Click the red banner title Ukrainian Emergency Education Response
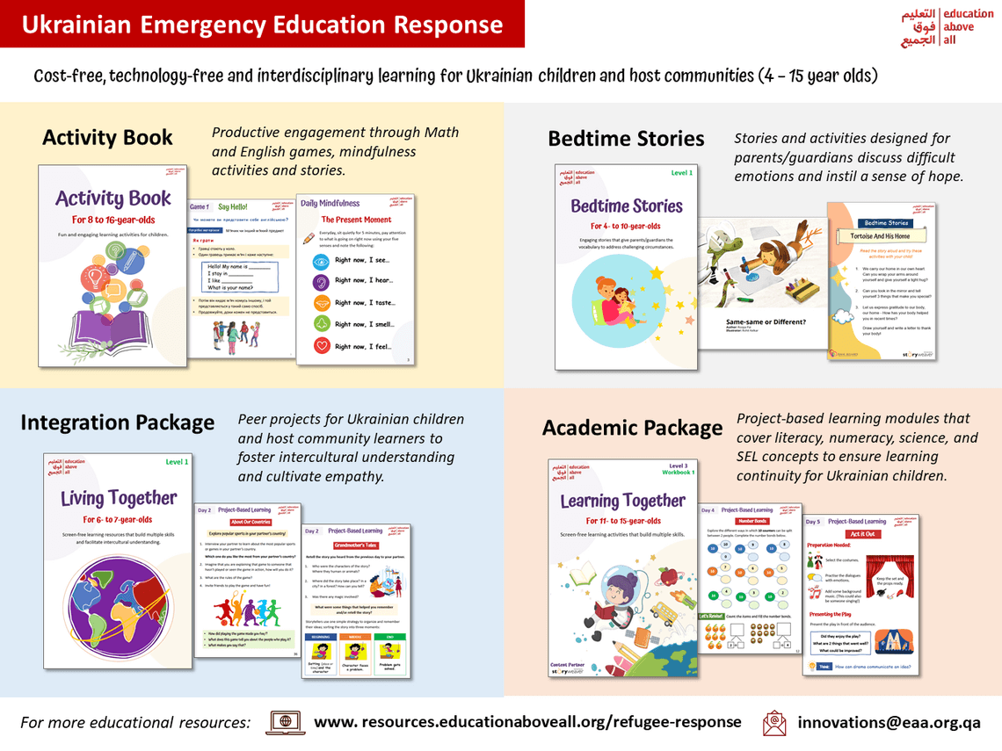click(262, 24)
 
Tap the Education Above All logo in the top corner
click(947, 26)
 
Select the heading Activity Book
click(107, 138)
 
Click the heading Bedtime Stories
click(626, 139)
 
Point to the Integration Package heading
click(117, 422)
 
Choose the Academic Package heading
click(632, 428)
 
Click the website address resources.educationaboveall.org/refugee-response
click(527, 721)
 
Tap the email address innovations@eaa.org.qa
click(889, 722)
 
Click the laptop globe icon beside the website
click(285, 722)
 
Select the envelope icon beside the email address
click(774, 722)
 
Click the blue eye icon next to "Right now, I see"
click(322, 261)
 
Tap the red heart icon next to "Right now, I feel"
click(322, 346)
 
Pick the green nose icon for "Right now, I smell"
click(322, 324)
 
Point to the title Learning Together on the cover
click(622, 501)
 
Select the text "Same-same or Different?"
click(765, 321)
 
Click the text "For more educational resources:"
click(135, 722)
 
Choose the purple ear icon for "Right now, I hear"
click(322, 282)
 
